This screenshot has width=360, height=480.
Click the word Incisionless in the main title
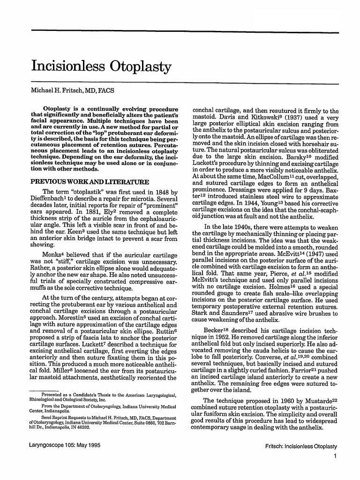68,67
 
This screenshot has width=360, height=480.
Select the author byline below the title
73,90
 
